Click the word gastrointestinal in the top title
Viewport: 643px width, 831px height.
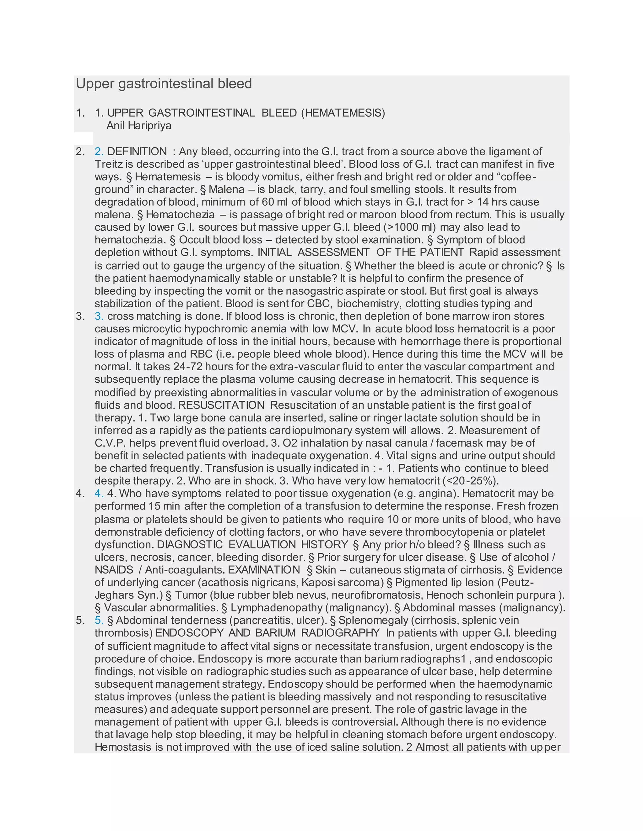click(x=166, y=84)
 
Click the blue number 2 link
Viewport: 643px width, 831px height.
click(x=99, y=151)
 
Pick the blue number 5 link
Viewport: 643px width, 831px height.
click(x=99, y=620)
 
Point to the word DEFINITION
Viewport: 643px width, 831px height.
click(x=137, y=151)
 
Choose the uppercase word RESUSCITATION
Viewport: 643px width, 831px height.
click(x=221, y=405)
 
